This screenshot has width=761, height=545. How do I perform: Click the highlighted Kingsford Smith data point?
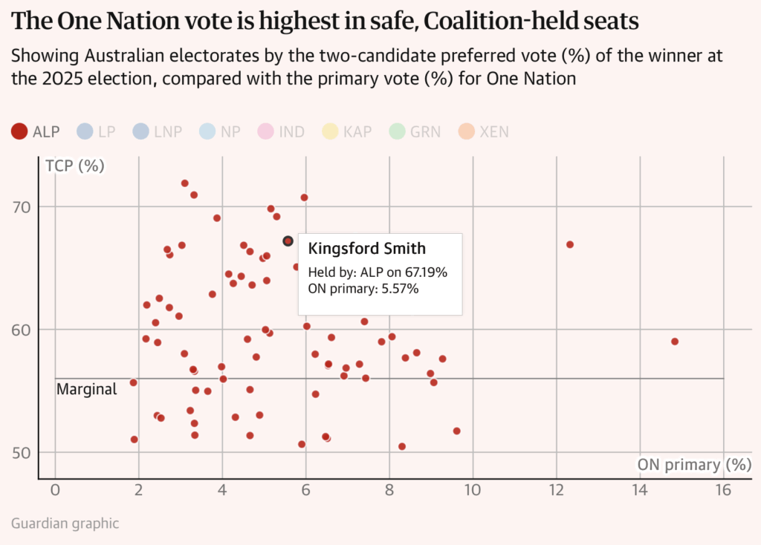click(x=288, y=241)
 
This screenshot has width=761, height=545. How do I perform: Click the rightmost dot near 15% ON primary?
click(x=675, y=342)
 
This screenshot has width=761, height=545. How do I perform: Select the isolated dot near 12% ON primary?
click(x=570, y=244)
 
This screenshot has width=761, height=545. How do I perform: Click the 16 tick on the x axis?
click(x=723, y=490)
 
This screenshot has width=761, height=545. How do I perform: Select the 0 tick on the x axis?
click(x=55, y=490)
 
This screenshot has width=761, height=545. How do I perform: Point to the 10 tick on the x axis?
click(x=473, y=490)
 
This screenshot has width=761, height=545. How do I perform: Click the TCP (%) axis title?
click(x=75, y=166)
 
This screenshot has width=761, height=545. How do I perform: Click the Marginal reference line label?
click(x=87, y=389)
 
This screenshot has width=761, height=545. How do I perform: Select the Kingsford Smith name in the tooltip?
click(x=367, y=248)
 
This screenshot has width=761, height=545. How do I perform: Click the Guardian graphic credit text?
click(x=65, y=523)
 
